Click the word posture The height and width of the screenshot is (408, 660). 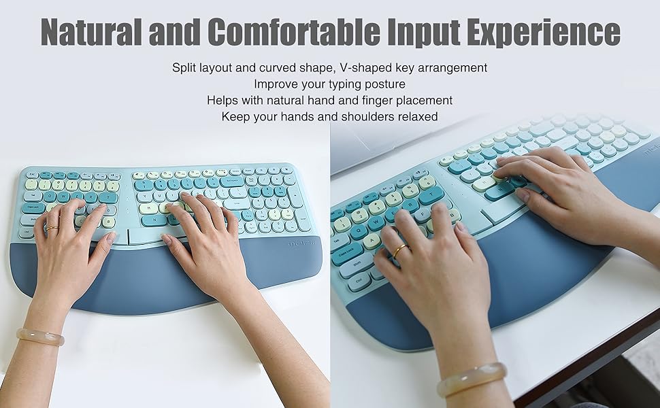click(x=383, y=84)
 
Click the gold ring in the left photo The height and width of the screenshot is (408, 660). click(x=52, y=228)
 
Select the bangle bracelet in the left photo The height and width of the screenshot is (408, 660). click(x=41, y=336)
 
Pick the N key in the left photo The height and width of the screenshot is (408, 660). click(x=154, y=220)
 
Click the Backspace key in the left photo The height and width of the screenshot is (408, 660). click(x=231, y=182)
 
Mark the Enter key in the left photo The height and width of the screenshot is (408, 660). click(x=236, y=203)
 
